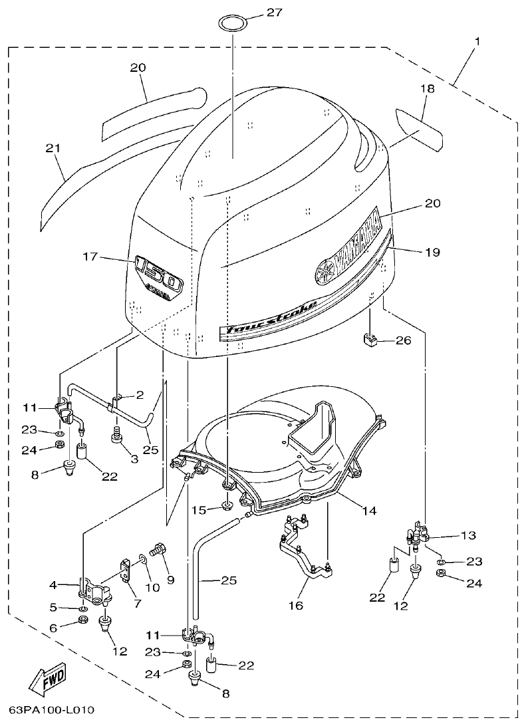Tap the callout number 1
(x=477, y=41)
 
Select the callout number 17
(x=91, y=256)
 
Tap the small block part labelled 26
(x=370, y=340)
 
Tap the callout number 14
(x=369, y=511)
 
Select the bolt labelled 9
(x=158, y=550)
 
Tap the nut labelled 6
(x=84, y=621)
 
